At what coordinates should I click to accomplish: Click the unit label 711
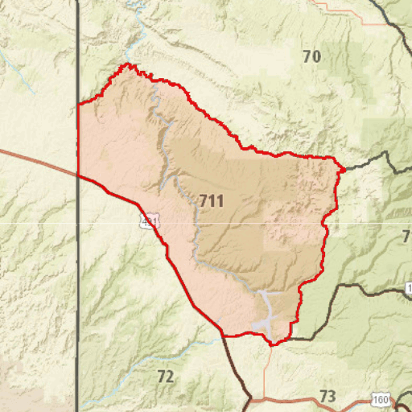click(x=211, y=201)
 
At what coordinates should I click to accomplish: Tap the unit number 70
click(x=311, y=56)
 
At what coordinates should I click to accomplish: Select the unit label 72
click(x=165, y=377)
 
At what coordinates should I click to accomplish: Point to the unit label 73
click(x=327, y=396)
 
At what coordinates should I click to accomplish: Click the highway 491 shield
click(x=147, y=221)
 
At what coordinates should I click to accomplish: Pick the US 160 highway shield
click(x=381, y=399)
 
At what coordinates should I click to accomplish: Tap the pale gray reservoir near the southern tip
click(x=267, y=310)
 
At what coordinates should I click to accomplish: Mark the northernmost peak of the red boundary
click(x=127, y=64)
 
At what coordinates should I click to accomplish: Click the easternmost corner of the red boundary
click(x=344, y=169)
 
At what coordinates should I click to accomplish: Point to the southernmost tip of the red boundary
click(x=274, y=344)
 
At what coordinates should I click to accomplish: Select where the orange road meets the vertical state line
click(x=78, y=173)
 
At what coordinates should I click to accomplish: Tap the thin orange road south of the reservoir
click(x=266, y=370)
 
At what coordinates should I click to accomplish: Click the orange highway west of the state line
click(x=36, y=159)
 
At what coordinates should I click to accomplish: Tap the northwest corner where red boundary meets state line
click(x=78, y=105)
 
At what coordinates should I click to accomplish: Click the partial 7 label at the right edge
click(x=406, y=237)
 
